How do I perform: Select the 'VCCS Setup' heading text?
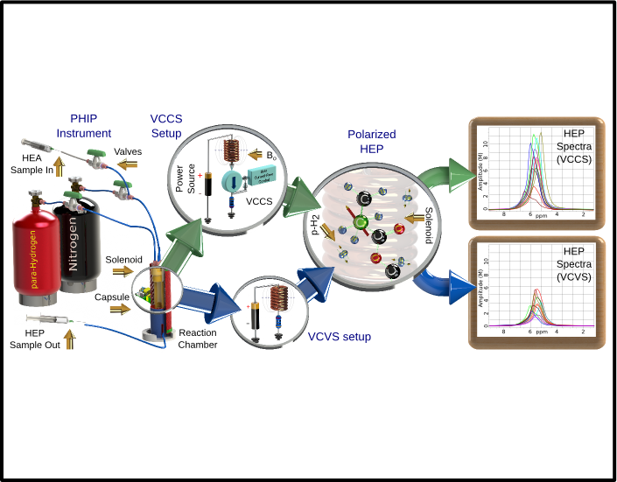tap(165, 125)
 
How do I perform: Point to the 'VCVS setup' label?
tap(336, 337)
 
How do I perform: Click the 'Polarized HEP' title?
tap(372, 142)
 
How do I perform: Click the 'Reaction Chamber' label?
tap(198, 339)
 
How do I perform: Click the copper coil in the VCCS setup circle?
tap(233, 150)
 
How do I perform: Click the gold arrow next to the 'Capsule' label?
tap(121, 297)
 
